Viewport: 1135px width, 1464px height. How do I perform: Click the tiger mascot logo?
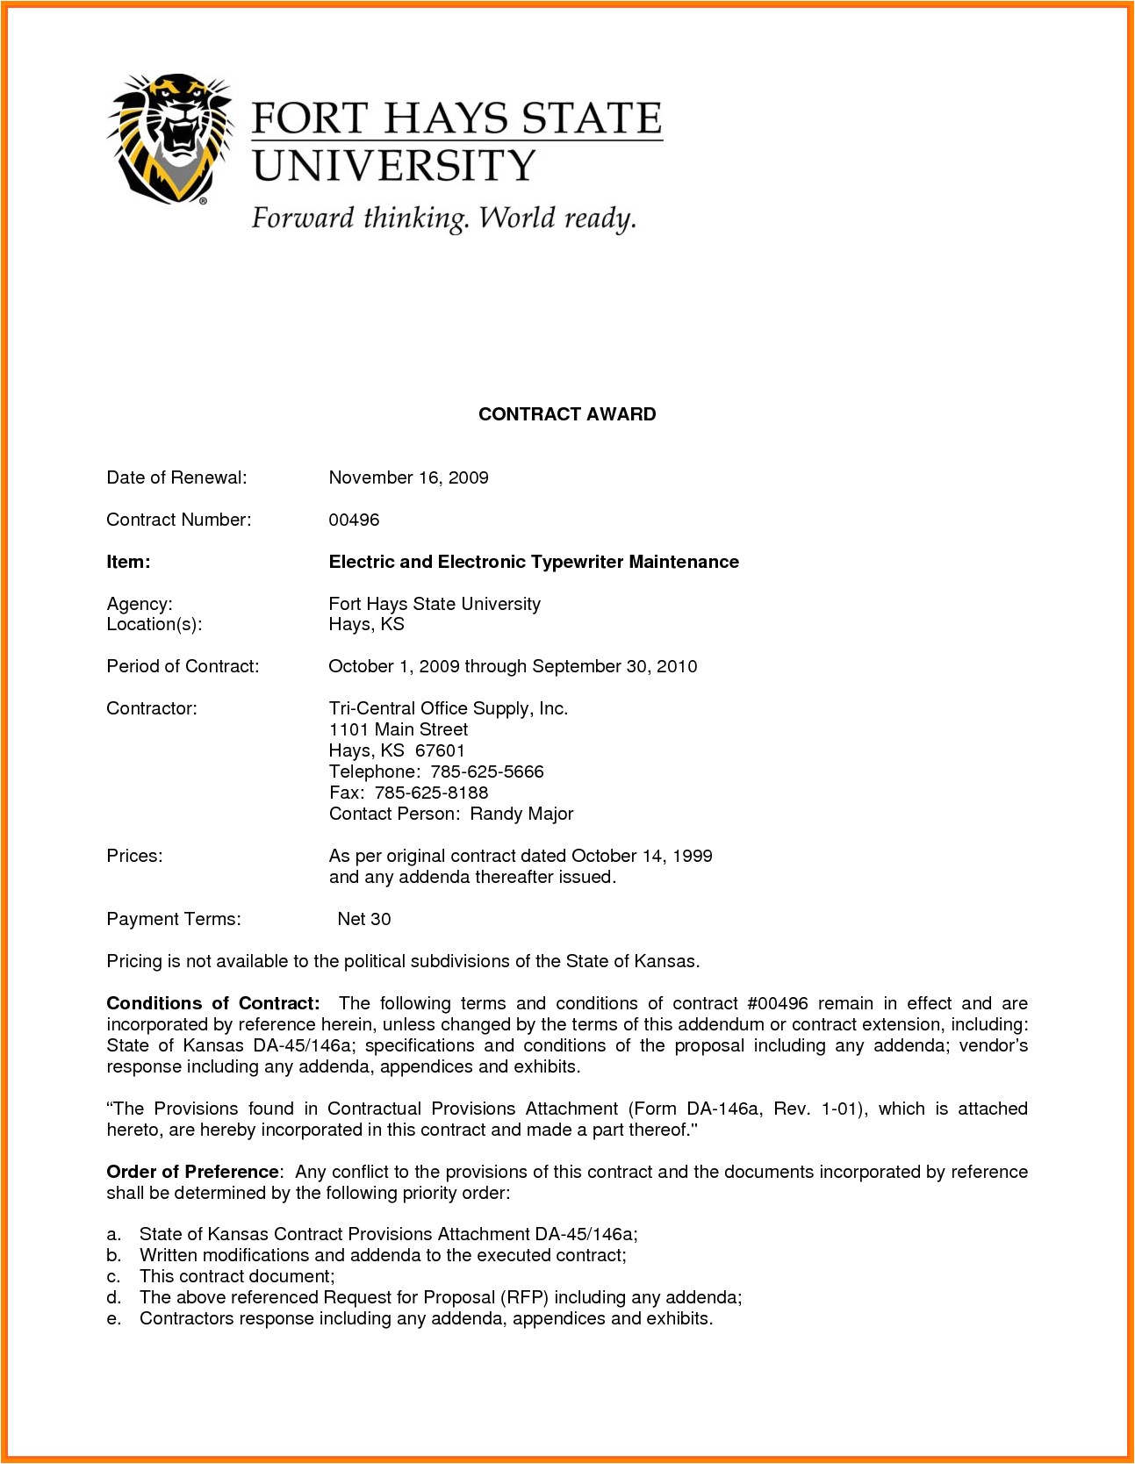(x=169, y=138)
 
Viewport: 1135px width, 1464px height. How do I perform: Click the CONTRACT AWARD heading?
(x=567, y=414)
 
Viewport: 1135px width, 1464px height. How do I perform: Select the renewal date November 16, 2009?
(x=408, y=477)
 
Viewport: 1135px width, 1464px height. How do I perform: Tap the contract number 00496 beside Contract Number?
(x=354, y=520)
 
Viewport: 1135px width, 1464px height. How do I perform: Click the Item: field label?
(x=128, y=562)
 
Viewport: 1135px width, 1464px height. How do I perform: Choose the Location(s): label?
(x=154, y=624)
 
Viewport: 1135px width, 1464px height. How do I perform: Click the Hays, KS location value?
(x=366, y=624)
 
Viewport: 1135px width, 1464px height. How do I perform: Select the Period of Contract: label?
(x=183, y=666)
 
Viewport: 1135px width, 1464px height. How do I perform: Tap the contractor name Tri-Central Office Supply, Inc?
(x=449, y=708)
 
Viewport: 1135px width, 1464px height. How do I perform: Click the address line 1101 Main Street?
(x=399, y=729)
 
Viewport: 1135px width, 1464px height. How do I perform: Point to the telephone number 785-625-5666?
(x=487, y=771)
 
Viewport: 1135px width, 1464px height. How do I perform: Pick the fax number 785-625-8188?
(x=431, y=793)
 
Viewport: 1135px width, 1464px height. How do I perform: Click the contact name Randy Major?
(x=521, y=814)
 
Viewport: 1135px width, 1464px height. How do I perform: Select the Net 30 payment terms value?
(x=364, y=919)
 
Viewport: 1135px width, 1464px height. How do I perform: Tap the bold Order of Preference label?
(x=192, y=1172)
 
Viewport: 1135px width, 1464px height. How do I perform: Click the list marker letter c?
(x=113, y=1276)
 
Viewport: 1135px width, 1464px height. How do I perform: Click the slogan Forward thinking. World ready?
(x=443, y=219)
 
